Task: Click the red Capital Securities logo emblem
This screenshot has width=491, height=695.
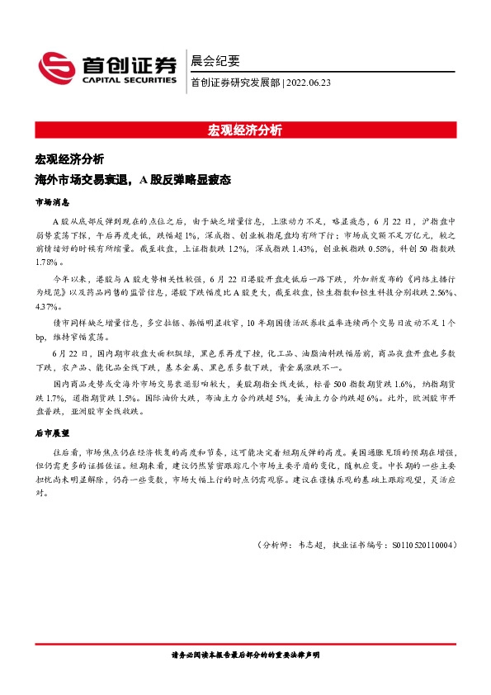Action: [54, 67]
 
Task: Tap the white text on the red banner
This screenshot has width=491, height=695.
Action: [245, 130]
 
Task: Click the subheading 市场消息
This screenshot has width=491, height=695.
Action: [52, 201]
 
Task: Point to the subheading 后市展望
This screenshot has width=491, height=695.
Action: [52, 432]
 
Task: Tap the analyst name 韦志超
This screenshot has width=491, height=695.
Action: [305, 545]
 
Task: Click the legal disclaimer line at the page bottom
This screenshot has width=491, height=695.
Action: [245, 655]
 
